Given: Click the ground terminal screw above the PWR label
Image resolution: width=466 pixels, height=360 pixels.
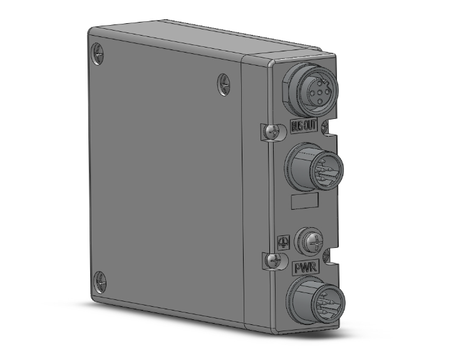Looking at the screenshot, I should [x=311, y=239].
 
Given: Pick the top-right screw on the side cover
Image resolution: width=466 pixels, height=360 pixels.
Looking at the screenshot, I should [x=224, y=84].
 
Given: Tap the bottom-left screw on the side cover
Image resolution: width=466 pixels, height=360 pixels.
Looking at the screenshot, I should [x=100, y=282].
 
